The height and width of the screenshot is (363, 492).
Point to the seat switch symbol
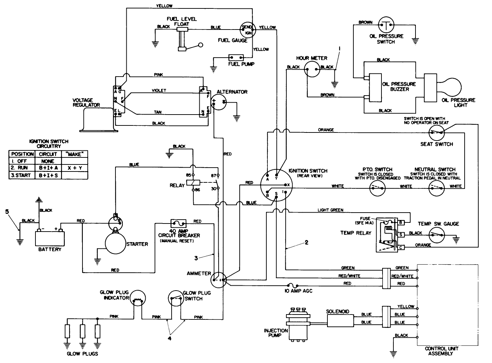point(437,132)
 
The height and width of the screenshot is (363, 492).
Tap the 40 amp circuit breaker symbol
point(178,223)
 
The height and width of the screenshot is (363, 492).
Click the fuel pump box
point(236,57)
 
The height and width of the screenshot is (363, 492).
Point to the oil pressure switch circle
point(386,25)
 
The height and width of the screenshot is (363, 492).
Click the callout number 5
point(7,212)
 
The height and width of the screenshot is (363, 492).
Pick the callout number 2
point(306,242)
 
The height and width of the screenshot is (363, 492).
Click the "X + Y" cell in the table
point(75,168)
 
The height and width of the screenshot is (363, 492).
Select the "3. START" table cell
point(21,175)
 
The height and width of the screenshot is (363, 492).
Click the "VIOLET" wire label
point(159,91)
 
